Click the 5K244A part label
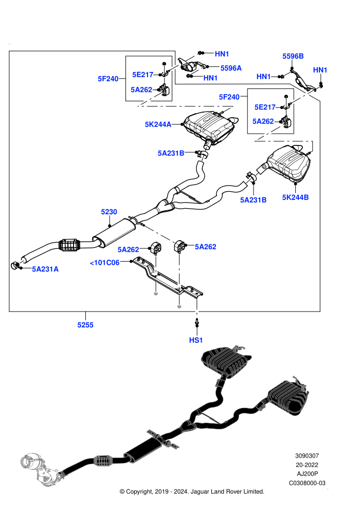pyautogui.click(x=158, y=124)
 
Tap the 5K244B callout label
pyautogui.click(x=295, y=197)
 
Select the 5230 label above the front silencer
pyautogui.click(x=109, y=212)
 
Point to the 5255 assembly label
pyautogui.click(x=85, y=324)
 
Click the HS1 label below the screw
pyautogui.click(x=196, y=340)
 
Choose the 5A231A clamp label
pyautogui.click(x=45, y=269)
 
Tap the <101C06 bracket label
pyautogui.click(x=104, y=262)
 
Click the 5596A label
pyautogui.click(x=231, y=68)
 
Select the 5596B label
pyautogui.click(x=293, y=56)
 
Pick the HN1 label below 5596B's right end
pyautogui.click(x=320, y=70)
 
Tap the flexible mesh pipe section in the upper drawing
pyautogui.click(x=70, y=245)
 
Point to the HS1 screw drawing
pyautogui.click(x=197, y=322)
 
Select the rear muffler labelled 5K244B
pyautogui.click(x=288, y=164)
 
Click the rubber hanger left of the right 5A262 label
pyautogui.click(x=179, y=246)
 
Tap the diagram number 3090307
pyautogui.click(x=307, y=456)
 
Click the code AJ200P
pyautogui.click(x=308, y=474)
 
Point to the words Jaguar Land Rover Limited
pyautogui.click(x=227, y=492)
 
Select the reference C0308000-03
pyautogui.click(x=307, y=483)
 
